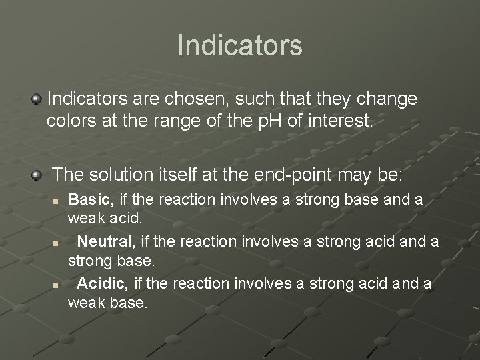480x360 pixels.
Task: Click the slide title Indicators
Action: point(240,45)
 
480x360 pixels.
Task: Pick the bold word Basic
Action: point(91,200)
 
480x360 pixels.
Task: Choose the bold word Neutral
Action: point(108,242)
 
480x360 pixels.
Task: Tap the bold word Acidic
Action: point(103,284)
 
